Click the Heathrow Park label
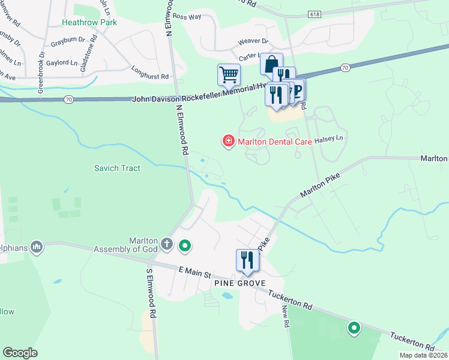point(89,22)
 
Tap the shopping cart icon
point(228,76)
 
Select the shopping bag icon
point(271,63)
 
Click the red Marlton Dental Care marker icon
point(228,142)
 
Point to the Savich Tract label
point(117,168)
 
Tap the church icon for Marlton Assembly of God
point(167,245)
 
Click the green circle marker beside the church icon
point(185,245)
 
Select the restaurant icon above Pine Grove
point(247,260)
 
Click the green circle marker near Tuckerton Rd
point(354,328)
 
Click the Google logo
point(20,353)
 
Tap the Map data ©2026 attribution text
point(423,355)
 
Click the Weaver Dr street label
point(253,41)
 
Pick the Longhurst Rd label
point(150,77)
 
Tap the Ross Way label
point(186,17)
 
